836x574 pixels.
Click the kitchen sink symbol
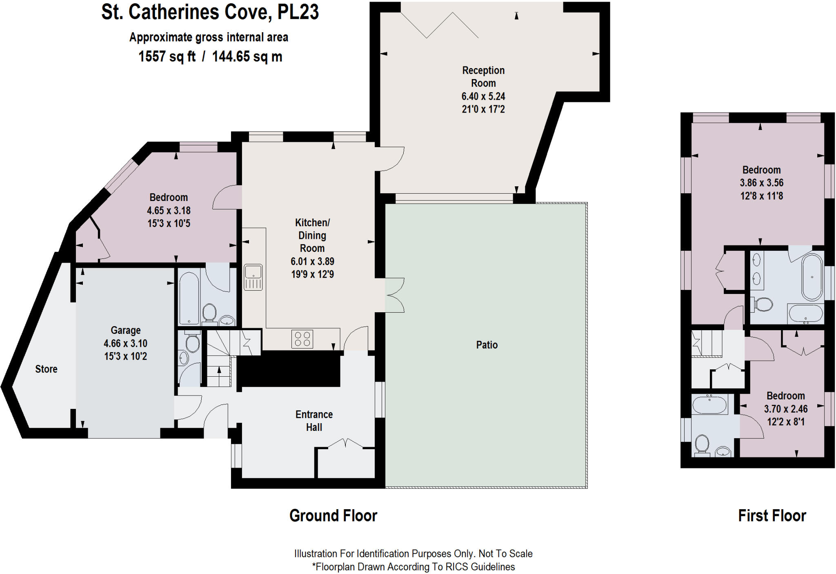tap(253, 277)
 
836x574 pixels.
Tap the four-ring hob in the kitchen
tap(302, 339)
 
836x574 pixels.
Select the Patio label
tap(487, 345)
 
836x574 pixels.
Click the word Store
tap(46, 369)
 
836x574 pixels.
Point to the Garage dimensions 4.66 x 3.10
tap(125, 343)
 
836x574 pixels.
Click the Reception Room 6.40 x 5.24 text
tap(483, 97)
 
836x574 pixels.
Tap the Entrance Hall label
tap(314, 421)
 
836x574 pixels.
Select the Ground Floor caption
tap(333, 516)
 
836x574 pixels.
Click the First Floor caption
tap(772, 516)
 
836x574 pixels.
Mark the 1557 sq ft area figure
tap(167, 56)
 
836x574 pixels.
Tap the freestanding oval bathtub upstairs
tap(812, 277)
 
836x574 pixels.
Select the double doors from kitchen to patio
tap(394, 295)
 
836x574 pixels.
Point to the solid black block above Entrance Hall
tap(289, 370)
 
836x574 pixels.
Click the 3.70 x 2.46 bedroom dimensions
tap(785, 409)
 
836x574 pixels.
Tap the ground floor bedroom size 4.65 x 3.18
tap(169, 211)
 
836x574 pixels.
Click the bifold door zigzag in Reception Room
tap(439, 25)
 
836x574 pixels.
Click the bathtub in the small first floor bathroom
tap(709, 405)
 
